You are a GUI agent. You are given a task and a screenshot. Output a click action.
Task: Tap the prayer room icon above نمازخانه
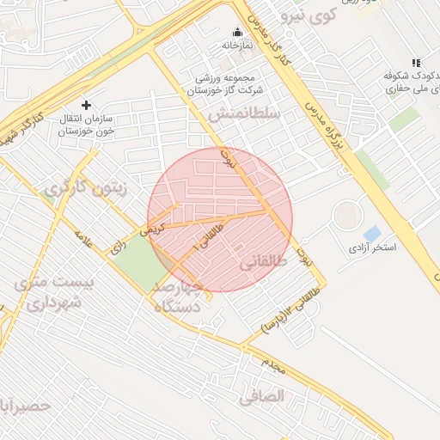(238, 32)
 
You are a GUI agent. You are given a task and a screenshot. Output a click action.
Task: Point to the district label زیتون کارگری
(85, 186)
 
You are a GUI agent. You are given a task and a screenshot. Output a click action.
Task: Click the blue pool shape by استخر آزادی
(372, 234)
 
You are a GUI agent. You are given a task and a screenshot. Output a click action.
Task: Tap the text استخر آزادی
(371, 248)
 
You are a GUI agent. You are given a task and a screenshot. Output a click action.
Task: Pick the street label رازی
(117, 245)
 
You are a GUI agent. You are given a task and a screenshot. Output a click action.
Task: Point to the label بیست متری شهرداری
(52, 291)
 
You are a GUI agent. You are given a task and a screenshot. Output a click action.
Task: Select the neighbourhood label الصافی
(262, 396)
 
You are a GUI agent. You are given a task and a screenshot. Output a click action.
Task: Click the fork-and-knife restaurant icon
(417, 63)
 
